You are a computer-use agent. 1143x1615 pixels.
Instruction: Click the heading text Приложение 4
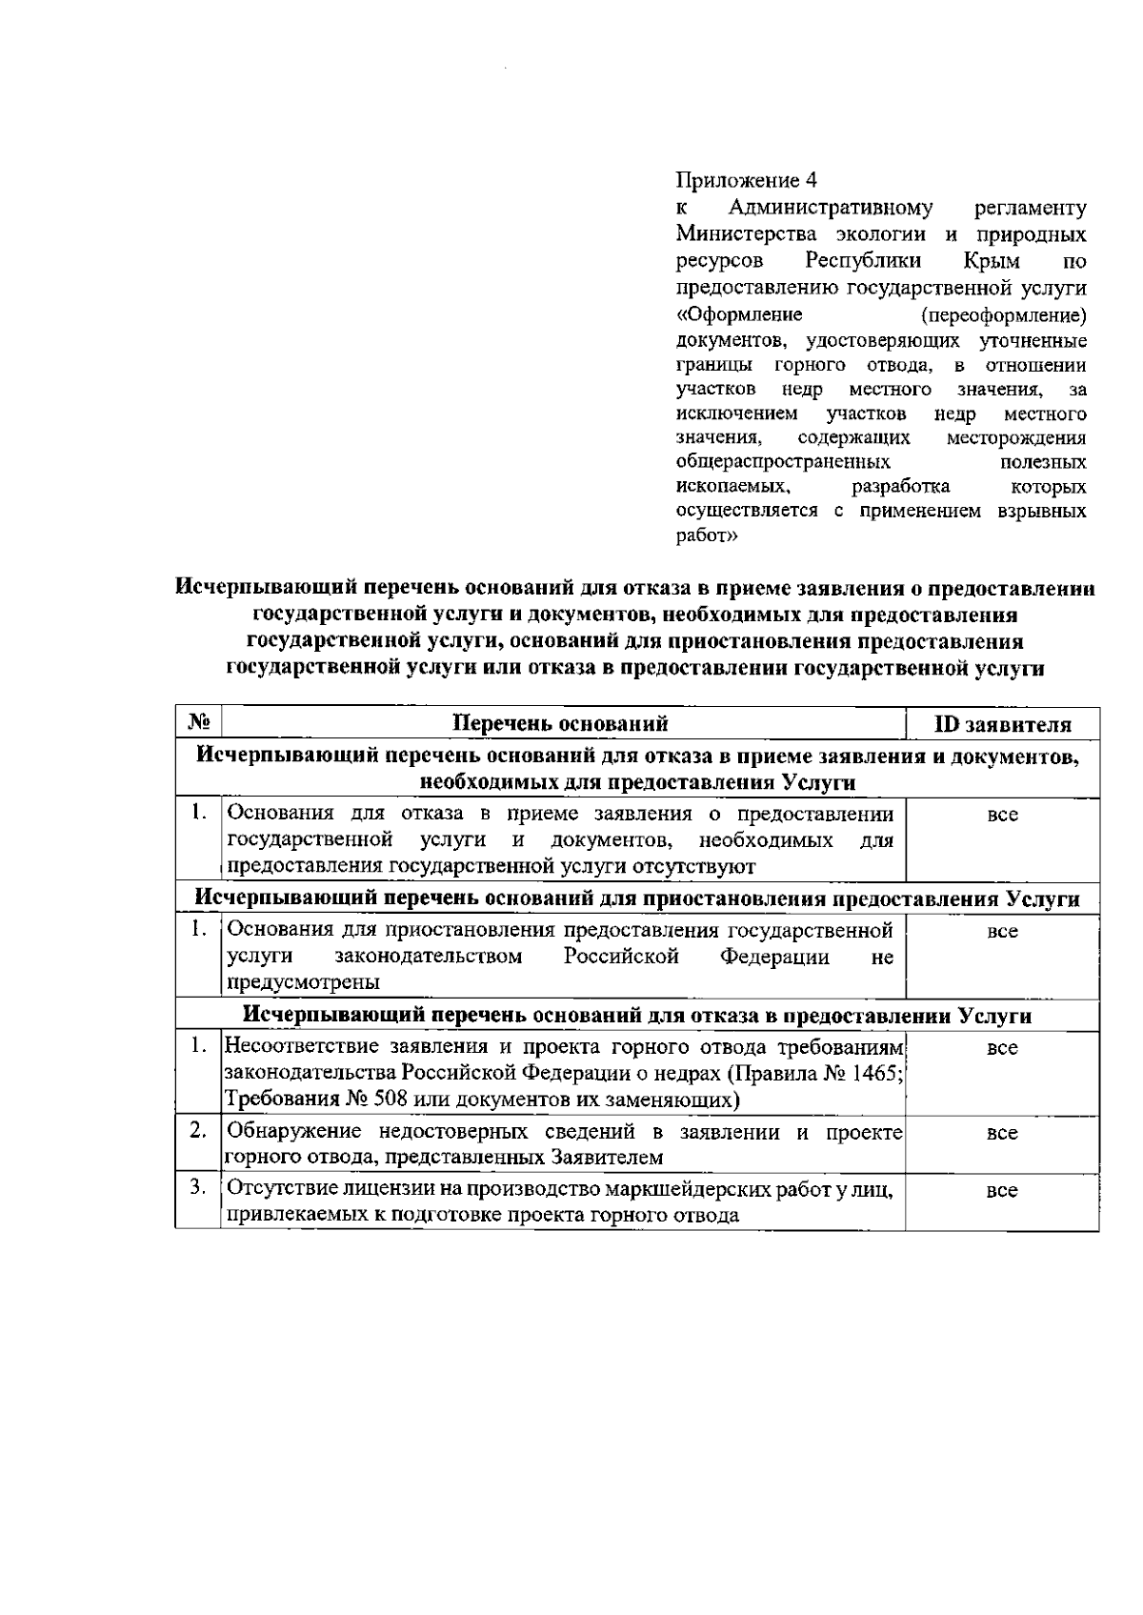pyautogui.click(x=746, y=180)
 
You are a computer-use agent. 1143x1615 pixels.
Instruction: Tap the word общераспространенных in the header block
pyautogui.click(x=783, y=462)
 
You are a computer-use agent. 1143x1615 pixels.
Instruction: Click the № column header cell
pyautogui.click(x=198, y=723)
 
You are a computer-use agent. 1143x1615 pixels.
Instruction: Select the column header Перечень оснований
pyautogui.click(x=560, y=723)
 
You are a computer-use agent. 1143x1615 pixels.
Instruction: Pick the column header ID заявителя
pyautogui.click(x=1002, y=724)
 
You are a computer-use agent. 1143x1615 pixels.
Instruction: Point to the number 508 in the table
pyautogui.click(x=371, y=1100)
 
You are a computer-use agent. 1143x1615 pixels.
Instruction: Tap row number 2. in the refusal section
pyautogui.click(x=198, y=1131)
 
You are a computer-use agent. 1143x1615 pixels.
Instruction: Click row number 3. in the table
pyautogui.click(x=198, y=1188)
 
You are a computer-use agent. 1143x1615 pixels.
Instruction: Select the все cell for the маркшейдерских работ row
pyautogui.click(x=1002, y=1191)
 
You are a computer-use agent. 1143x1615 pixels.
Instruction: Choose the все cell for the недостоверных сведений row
pyautogui.click(x=1002, y=1134)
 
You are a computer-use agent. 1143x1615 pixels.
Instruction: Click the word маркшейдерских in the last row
pyautogui.click(x=656, y=1190)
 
